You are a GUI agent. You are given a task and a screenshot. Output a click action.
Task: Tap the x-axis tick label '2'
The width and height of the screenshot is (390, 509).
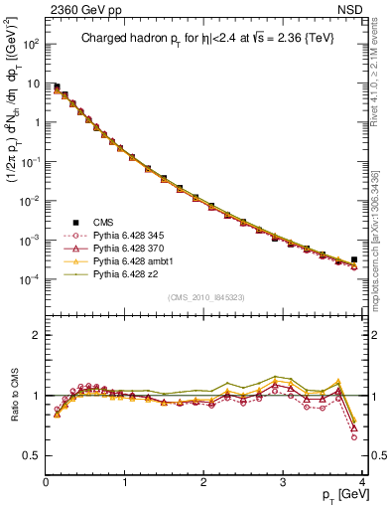[x=204, y=481]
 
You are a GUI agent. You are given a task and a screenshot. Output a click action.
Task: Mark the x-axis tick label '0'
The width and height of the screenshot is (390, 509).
[x=47, y=481]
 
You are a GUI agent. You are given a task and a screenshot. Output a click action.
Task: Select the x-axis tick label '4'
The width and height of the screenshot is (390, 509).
[x=362, y=481]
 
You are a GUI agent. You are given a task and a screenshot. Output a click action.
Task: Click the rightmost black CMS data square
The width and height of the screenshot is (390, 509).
[x=353, y=259]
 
